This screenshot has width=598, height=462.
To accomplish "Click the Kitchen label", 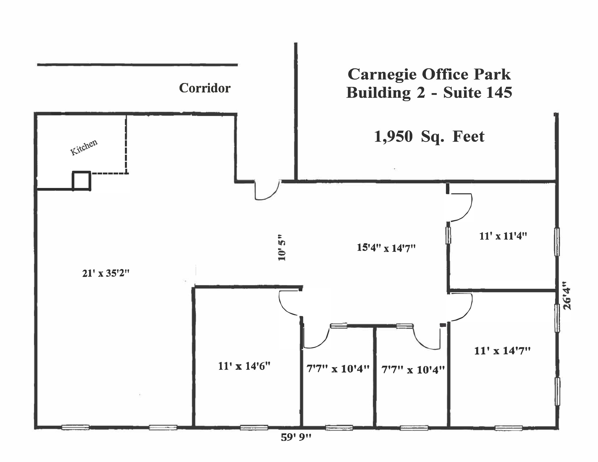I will [x=84, y=148].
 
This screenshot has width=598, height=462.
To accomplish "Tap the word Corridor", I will [x=204, y=88].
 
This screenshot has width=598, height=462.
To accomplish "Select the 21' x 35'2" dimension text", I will [x=105, y=273].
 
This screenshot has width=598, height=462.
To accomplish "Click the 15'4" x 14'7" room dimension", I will [x=386, y=248].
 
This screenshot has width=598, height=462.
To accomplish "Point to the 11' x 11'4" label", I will [x=503, y=236].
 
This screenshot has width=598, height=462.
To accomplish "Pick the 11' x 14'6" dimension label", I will [x=244, y=366].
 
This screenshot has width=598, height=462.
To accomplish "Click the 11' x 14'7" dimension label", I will [x=502, y=351].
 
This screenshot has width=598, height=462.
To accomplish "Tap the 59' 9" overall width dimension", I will [x=296, y=437].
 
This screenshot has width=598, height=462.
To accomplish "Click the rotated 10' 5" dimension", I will [x=282, y=247].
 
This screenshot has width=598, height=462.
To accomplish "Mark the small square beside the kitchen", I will [x=81, y=181].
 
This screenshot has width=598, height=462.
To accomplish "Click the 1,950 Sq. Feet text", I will [x=429, y=137].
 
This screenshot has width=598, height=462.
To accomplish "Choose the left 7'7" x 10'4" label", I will [x=338, y=369].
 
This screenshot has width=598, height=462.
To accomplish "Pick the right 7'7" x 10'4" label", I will [x=413, y=370].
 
